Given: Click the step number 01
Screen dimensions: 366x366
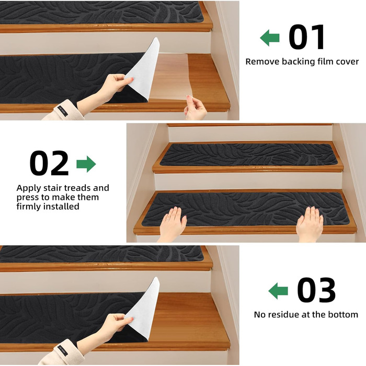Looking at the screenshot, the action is coord(307,37).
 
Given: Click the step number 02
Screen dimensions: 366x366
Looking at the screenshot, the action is coord(49,163).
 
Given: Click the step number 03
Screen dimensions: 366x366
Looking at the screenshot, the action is coord(316,290).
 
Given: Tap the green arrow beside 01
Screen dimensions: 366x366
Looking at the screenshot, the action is coord(270,38).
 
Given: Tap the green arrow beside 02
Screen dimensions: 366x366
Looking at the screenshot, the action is coord(86,164).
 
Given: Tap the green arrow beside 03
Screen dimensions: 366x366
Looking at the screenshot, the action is coord(278,291).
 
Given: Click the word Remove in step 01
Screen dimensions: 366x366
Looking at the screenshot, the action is coord(262,62).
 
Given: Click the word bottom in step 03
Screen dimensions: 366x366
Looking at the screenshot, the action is coord(343,315).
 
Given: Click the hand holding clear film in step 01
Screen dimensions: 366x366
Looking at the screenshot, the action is coord(196,108).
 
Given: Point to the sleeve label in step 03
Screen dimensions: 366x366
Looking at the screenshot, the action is coord(63,351).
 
